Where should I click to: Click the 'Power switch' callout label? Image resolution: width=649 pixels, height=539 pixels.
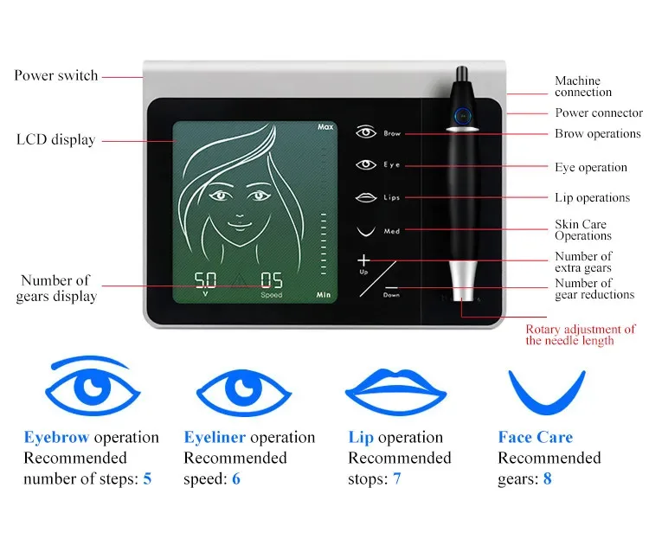click(x=55, y=75)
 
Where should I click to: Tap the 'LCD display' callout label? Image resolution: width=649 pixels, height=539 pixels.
click(x=55, y=139)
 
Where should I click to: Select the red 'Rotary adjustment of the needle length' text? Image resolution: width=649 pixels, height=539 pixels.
click(x=581, y=335)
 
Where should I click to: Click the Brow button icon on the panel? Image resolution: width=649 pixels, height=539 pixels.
click(x=367, y=133)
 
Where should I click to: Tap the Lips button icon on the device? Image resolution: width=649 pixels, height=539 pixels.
click(x=367, y=197)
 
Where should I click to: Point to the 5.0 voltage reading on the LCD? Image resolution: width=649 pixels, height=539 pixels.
click(x=205, y=281)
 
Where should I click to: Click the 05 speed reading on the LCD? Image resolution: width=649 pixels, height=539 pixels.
click(x=271, y=281)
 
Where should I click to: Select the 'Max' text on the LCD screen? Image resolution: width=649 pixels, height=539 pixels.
click(x=324, y=127)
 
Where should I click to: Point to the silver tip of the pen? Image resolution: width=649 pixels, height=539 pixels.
click(x=461, y=279)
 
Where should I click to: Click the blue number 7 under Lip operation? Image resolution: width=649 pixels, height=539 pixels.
click(x=397, y=478)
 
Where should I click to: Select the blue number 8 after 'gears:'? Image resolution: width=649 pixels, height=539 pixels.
click(x=547, y=478)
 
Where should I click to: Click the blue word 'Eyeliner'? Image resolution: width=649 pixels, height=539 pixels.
click(x=215, y=438)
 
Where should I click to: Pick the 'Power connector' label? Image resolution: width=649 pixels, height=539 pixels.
click(x=598, y=112)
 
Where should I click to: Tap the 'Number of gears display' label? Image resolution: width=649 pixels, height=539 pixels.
click(x=55, y=288)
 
